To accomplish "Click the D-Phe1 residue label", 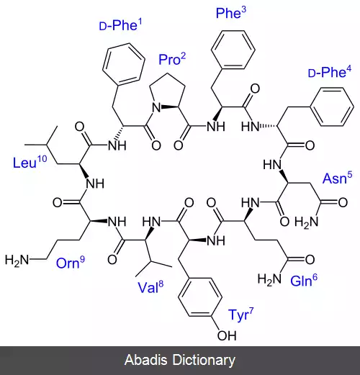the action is pos(120,25).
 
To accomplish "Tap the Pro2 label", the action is pos(172,59).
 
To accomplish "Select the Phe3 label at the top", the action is pos(231,13).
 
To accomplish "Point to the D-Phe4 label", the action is pos(330,71).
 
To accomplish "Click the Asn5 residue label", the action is pos(338,178).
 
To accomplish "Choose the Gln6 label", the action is pos(304,280).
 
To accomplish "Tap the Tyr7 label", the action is pos(240,315).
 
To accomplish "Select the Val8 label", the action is pos(150,286).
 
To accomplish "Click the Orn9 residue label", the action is pos(71,263).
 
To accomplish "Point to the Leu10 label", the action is pos(30,162).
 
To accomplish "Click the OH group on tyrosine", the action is pos(227,335).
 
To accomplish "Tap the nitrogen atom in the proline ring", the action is pos(156,107).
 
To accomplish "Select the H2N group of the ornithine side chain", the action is pos(17,261).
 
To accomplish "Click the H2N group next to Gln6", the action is pos(269,279).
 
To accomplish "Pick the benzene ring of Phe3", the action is pos(233,50).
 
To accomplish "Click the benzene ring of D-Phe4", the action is pos(332,107).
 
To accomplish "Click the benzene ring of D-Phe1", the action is pos(124,64).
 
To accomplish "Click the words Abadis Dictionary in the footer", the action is pos(180,360).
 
